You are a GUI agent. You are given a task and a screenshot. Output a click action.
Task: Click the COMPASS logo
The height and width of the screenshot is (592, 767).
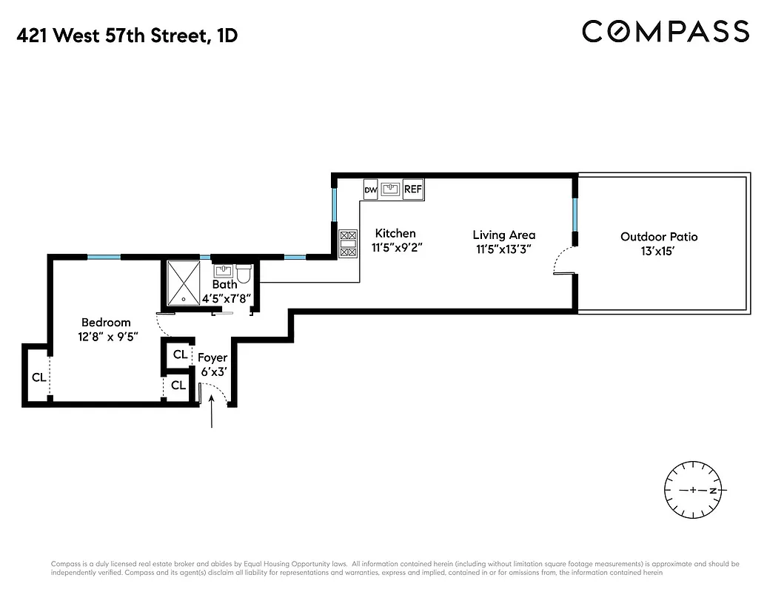click(665, 32)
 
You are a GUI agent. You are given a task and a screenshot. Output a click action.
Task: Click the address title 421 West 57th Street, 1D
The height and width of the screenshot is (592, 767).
click(127, 36)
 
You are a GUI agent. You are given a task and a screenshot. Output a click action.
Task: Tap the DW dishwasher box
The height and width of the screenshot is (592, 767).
click(371, 190)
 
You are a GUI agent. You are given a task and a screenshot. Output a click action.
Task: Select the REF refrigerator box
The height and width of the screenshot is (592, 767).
click(412, 189)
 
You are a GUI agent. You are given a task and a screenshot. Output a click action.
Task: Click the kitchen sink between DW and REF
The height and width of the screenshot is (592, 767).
click(391, 189)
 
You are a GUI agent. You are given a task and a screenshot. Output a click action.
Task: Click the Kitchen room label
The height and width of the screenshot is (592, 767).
click(395, 233)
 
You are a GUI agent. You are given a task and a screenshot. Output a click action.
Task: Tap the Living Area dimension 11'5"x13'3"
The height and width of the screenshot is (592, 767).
click(503, 249)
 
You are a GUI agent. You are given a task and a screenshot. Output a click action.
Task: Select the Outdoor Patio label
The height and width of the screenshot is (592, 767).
click(659, 237)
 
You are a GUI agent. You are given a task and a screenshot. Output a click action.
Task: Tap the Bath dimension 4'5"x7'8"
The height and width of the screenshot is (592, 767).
click(225, 298)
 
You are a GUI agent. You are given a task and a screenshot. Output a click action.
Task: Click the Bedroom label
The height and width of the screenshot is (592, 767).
click(106, 322)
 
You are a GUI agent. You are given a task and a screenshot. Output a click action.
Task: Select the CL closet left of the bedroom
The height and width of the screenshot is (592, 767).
click(38, 377)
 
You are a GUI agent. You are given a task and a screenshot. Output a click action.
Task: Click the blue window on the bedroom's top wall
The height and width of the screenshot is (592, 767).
click(104, 257)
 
